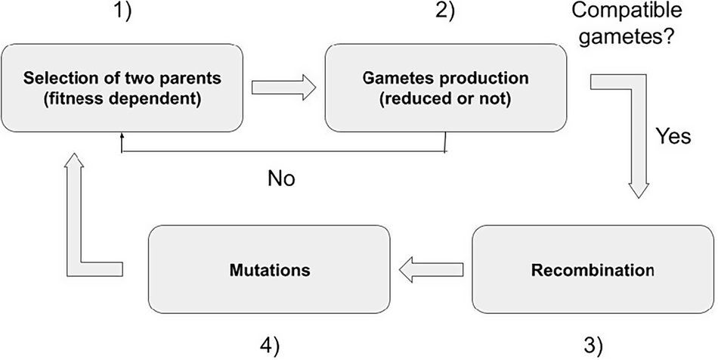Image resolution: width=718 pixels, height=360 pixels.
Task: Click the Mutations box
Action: pos(268,268)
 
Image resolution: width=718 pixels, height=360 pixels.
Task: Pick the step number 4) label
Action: pos(268,345)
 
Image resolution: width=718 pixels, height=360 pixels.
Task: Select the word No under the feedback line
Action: pos(282,179)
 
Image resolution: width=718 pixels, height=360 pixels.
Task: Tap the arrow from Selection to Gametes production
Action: pos(283,88)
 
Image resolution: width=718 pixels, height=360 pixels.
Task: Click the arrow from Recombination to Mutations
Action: pos(431,268)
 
